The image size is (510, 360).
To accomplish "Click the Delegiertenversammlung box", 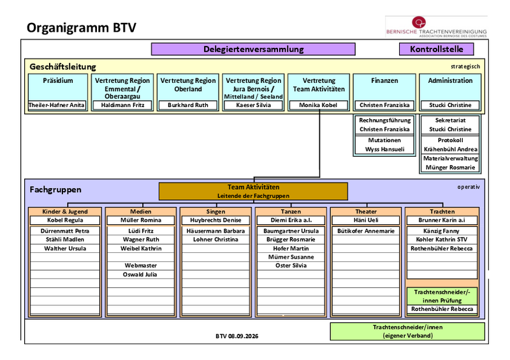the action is coord(253,49).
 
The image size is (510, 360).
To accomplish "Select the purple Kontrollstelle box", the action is coord(436,49).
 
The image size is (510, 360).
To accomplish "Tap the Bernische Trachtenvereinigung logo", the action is coord(436,27).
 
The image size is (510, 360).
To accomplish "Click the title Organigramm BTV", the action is coord(82,27).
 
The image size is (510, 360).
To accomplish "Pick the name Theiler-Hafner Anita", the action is coord(57,105).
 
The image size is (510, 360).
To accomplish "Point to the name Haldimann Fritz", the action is coord(122,105).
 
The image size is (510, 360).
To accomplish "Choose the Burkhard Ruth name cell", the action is coord(188,105).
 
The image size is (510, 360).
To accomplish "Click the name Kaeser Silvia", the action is coord(253,105).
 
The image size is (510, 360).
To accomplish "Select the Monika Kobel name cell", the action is coord(318,105).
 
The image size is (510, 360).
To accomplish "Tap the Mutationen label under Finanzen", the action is coord(384,140).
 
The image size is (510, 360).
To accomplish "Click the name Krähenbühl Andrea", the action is coord(451,149).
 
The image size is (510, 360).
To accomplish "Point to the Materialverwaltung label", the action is coord(451,159).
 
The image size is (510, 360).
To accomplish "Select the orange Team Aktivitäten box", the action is coord(253,191).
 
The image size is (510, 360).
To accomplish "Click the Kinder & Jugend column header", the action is coord(65,212).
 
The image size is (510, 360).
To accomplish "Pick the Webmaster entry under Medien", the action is coord(141,265).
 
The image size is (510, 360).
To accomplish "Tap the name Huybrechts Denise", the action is coord(215,220).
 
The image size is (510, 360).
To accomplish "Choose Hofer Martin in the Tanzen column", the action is coord(291,248).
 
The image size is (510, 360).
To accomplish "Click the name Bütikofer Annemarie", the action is coord(366,231).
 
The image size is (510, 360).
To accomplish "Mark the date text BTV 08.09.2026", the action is coord(237,336).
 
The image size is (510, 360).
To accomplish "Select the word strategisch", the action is coord(465,67).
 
